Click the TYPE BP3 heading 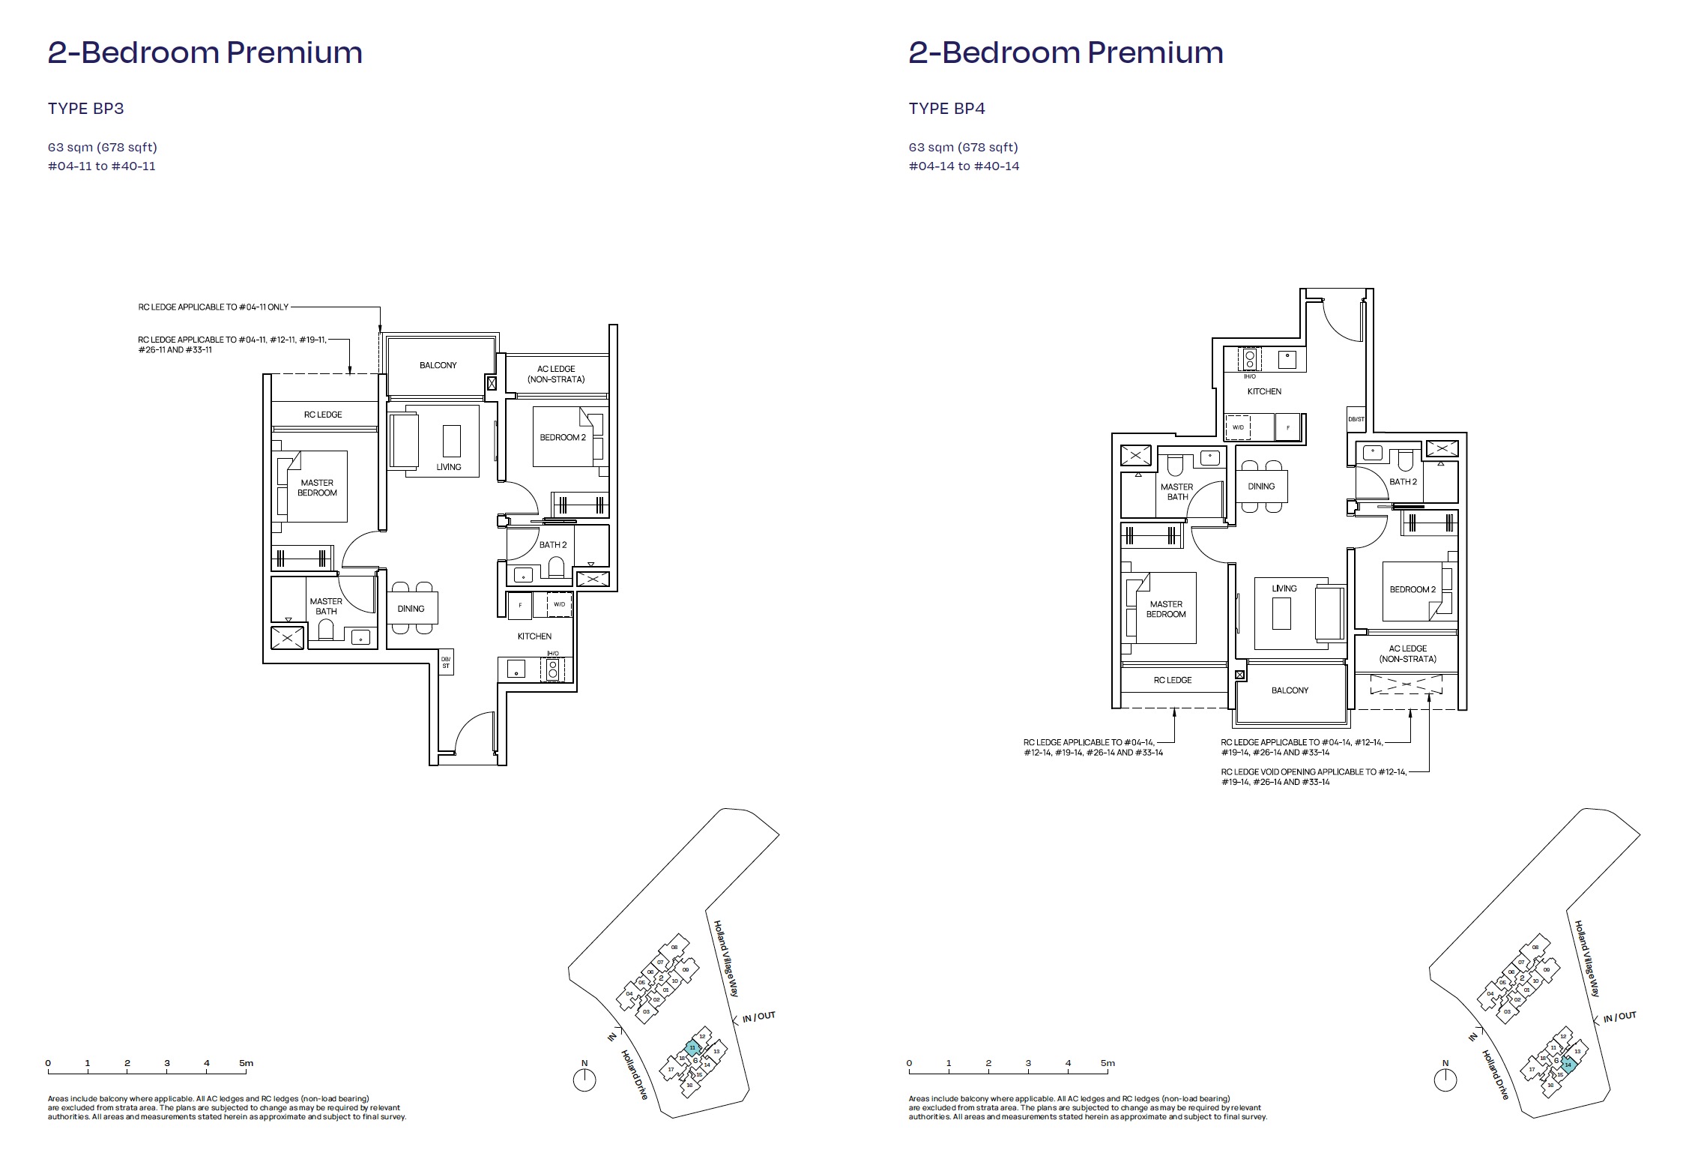point(85,109)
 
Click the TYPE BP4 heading point(946,109)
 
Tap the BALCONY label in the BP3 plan point(438,365)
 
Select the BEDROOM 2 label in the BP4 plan point(1412,589)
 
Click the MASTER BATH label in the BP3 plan point(326,606)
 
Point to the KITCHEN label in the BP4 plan point(1264,391)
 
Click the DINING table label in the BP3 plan point(411,609)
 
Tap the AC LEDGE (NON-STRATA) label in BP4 point(1407,654)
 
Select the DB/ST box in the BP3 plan point(446,663)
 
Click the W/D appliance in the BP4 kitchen point(1238,427)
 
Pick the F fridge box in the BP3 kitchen point(520,605)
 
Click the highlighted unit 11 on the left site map point(693,1047)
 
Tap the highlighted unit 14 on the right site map point(1568,1065)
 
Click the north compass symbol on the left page point(584,1080)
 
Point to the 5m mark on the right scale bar point(1108,1063)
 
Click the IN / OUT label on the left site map point(758,1017)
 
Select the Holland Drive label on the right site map point(1495,1074)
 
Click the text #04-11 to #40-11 point(102,166)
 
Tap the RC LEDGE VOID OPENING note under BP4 point(1314,777)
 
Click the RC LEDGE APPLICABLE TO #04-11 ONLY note point(213,307)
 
